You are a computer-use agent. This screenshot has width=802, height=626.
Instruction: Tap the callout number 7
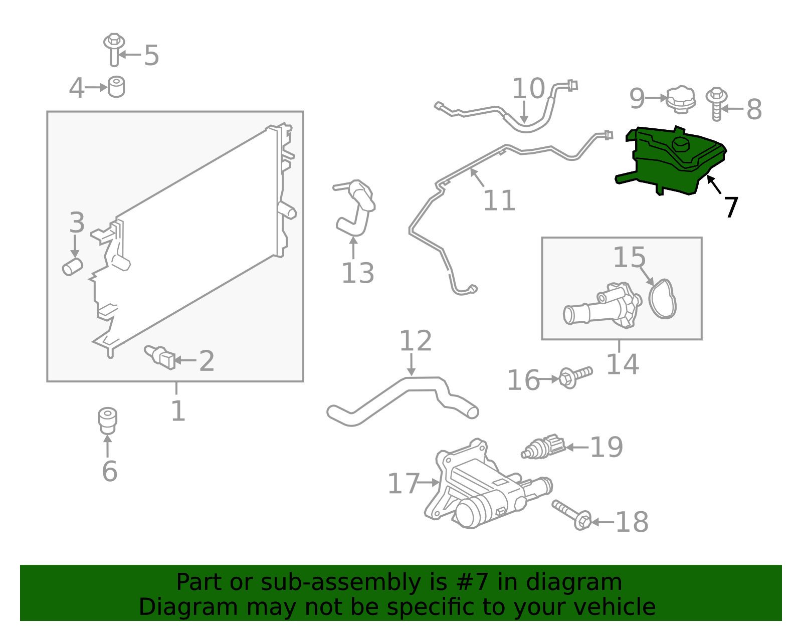(731, 207)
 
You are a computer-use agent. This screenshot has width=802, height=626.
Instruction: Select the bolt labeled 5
(114, 50)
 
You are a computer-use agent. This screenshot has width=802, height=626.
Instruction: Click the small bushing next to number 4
(116, 87)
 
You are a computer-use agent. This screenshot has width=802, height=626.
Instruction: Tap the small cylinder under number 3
(73, 267)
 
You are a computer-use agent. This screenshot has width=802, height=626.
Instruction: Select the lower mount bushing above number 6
(107, 421)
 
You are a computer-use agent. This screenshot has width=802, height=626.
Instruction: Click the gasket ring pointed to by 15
(663, 299)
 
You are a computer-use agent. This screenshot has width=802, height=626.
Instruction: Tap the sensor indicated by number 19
(543, 447)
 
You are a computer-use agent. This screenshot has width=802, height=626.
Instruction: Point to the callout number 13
(357, 274)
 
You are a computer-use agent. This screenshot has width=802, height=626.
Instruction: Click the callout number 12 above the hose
(415, 341)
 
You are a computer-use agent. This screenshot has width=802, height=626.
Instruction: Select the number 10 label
(528, 89)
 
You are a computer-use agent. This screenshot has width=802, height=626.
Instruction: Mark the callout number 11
(499, 201)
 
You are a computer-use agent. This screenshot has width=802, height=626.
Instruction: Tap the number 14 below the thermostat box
(622, 364)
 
